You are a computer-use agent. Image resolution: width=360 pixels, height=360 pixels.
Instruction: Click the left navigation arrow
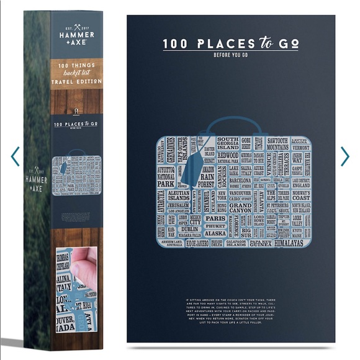(15, 156)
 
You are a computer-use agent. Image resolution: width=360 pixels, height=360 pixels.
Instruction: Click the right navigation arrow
(345, 156)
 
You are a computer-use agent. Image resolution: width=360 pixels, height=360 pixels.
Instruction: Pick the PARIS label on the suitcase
(215, 218)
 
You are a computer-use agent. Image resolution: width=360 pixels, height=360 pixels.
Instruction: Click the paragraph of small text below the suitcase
(230, 311)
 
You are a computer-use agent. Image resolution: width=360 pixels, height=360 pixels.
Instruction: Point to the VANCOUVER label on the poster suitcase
(240, 193)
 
